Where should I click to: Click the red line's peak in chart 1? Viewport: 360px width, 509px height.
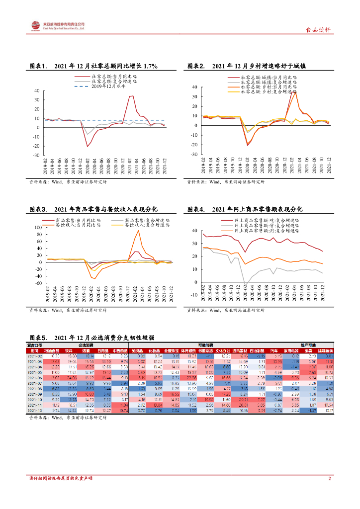pos(131,96)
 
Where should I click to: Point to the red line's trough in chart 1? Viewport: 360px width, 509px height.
pos(88,146)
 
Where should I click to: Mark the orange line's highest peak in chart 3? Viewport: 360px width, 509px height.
pos(138,230)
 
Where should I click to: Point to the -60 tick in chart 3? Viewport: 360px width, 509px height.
pos(38,283)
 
